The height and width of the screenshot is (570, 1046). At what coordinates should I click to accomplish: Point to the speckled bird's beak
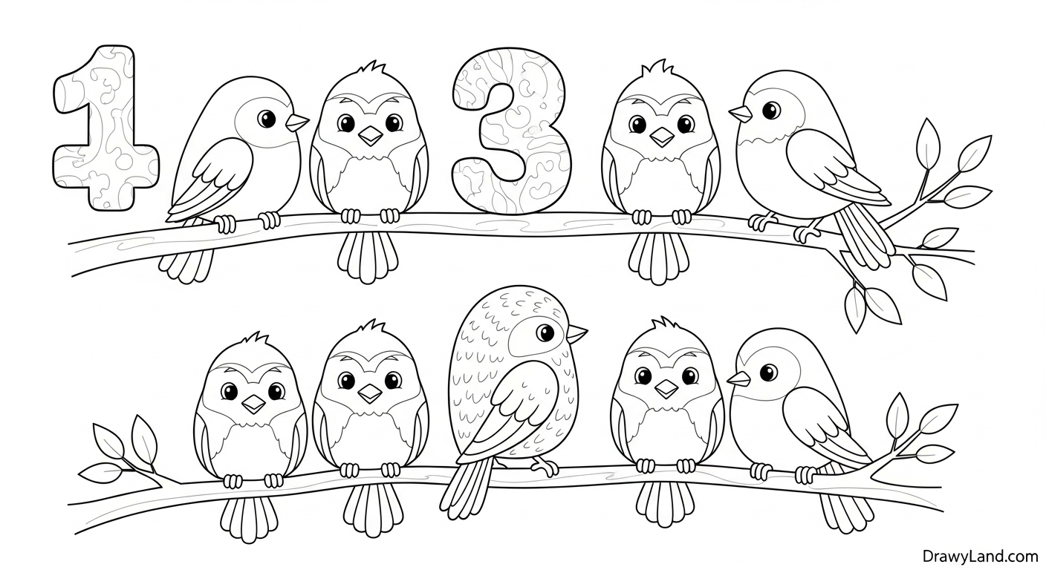[576, 333]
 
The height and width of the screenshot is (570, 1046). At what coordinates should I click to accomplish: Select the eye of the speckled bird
[545, 332]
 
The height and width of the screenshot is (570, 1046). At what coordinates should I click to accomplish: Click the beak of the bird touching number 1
[296, 122]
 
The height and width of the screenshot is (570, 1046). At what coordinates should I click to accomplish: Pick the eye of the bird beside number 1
[267, 119]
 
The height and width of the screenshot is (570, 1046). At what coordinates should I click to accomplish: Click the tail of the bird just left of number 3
[368, 257]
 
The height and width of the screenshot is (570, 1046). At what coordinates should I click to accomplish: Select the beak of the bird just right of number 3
[662, 137]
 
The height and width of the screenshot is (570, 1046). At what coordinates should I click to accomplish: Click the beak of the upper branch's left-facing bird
[741, 114]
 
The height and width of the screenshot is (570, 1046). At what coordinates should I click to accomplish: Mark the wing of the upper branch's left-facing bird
[836, 166]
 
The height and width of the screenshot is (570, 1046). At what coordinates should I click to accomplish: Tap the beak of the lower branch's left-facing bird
[738, 379]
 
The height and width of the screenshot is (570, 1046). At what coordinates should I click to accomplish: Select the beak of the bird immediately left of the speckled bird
[370, 394]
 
